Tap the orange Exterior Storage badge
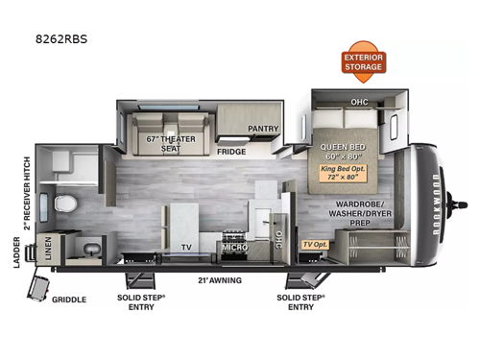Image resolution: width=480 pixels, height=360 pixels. [x=364, y=61]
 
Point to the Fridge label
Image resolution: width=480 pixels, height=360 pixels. [x=231, y=152]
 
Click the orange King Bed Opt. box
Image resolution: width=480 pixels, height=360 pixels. [x=345, y=175]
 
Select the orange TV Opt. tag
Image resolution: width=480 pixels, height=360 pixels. [x=314, y=245]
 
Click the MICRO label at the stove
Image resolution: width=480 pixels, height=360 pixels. [x=234, y=248]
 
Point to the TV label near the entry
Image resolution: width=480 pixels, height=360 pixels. [x=186, y=247]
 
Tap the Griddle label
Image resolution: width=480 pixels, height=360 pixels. [x=69, y=299]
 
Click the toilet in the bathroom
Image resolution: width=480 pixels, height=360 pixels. [x=63, y=204]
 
